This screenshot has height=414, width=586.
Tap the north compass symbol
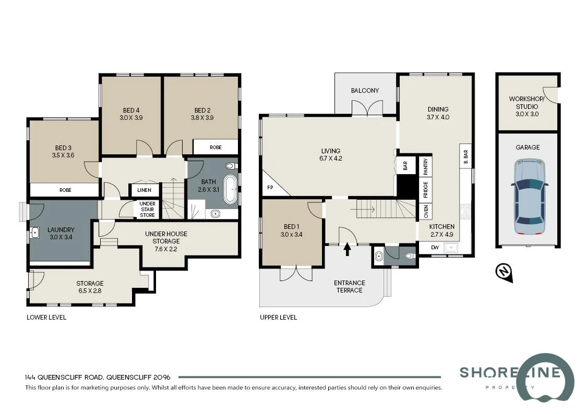click(x=504, y=272)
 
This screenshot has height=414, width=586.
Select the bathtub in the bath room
click(x=230, y=189)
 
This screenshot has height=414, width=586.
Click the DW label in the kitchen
click(x=435, y=248)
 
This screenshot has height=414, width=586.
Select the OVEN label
click(x=426, y=211)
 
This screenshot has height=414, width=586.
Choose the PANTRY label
click(x=426, y=166)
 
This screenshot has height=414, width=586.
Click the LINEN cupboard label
click(x=145, y=190)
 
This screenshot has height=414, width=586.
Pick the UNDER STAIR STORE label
click(x=147, y=209)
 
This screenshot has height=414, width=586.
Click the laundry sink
click(x=35, y=232)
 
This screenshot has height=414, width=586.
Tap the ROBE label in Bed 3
click(x=65, y=190)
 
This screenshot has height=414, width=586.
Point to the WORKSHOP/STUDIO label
click(x=527, y=103)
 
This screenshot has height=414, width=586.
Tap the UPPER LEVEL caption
click(x=278, y=317)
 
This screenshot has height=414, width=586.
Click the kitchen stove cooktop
click(x=465, y=211)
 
